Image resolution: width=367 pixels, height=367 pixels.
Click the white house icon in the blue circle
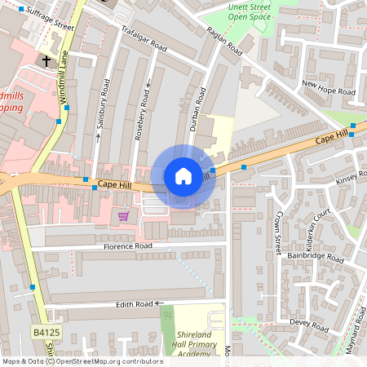point(183,176)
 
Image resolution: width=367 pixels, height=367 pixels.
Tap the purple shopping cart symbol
point(123,215)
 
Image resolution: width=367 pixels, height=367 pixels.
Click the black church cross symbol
point(46,61)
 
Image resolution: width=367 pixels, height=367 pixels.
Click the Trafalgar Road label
point(144,38)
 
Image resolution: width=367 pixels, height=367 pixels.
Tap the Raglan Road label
point(223,42)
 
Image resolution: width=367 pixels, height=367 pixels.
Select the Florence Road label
point(127,245)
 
